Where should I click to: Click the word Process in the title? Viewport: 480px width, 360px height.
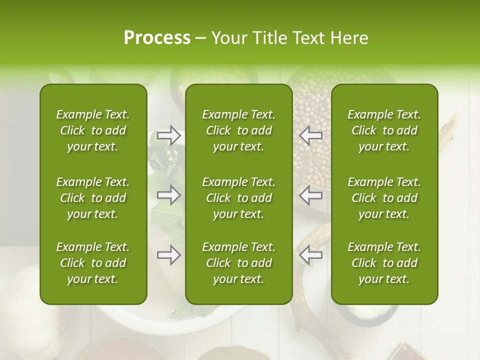coord(157,38)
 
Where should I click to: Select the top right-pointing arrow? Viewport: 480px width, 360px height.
coord(168,135)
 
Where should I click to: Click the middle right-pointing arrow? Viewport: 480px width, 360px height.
coord(168,195)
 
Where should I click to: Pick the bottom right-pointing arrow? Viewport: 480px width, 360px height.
coord(168,255)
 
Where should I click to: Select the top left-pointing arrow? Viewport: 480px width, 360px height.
coord(311,135)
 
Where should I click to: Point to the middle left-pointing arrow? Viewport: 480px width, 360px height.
coord(311,195)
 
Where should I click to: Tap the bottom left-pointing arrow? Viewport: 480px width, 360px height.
coord(311,255)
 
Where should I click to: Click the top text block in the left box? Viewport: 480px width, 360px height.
coord(93,130)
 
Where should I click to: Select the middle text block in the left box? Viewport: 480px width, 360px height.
coord(93,198)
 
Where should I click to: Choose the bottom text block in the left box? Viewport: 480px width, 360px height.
coord(93,263)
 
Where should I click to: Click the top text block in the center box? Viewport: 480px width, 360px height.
coord(239,130)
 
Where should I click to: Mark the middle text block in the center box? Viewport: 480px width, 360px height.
coord(239,198)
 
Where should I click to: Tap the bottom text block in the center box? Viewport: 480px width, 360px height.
coord(239,263)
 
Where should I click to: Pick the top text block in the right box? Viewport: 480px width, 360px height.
coord(384,130)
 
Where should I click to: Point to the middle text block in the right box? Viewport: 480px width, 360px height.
coord(384,198)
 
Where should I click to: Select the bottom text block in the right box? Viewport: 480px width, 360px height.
coord(384,263)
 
